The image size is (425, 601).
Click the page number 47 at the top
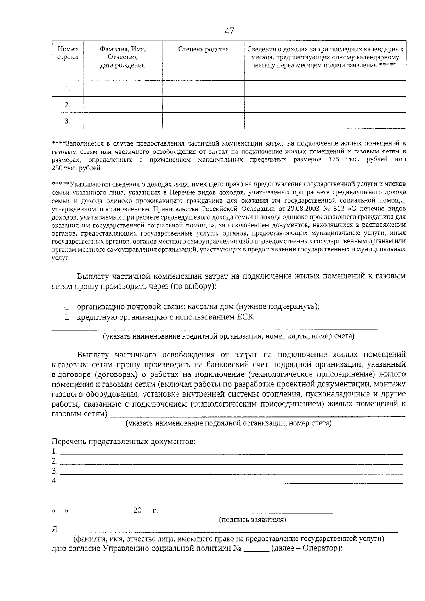pyautogui.click(x=229, y=31)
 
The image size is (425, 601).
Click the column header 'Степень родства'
pyautogui.click(x=203, y=49)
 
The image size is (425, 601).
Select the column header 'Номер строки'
pyautogui.click(x=67, y=53)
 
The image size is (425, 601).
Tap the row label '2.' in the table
pyautogui.click(x=67, y=105)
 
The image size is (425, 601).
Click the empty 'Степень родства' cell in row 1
pyautogui.click(x=203, y=89)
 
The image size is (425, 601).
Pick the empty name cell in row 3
pyautogui.click(x=123, y=121)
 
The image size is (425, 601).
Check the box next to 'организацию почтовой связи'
pyautogui.click(x=67, y=307)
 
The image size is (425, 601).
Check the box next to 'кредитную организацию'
pyautogui.click(x=67, y=317)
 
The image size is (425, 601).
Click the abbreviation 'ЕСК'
pyautogui.click(x=245, y=317)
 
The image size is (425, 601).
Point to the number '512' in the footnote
pyautogui.click(x=339, y=208)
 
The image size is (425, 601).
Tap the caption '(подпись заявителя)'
pyautogui.click(x=253, y=520)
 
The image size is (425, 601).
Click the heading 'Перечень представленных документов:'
pyautogui.click(x=124, y=442)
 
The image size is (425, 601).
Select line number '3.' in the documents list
pyautogui.click(x=55, y=471)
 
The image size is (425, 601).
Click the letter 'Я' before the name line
pyautogui.click(x=55, y=529)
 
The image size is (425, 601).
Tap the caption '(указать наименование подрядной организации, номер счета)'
pyautogui.click(x=229, y=423)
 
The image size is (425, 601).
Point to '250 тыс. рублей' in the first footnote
pyautogui.click(x=76, y=168)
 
